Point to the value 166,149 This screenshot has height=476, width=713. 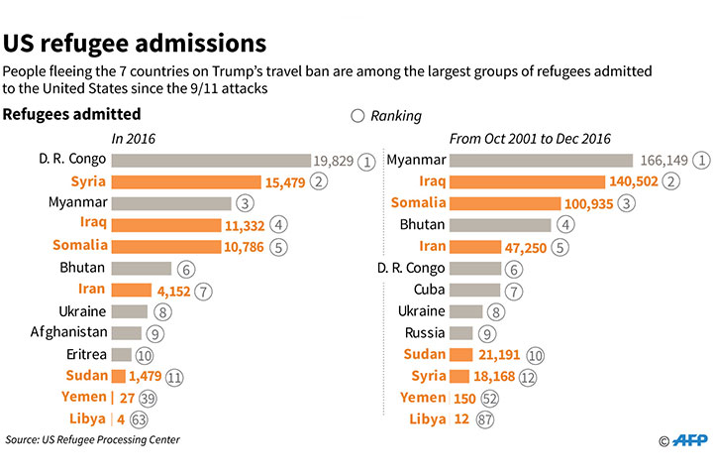coord(662,161)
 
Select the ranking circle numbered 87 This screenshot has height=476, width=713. coord(484,418)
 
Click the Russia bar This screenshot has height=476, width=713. coord(460,333)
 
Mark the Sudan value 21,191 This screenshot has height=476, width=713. coord(499,355)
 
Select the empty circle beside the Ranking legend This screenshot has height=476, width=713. coord(358,116)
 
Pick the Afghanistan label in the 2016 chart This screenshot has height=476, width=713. coord(68,332)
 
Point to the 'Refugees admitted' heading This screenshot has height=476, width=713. coord(71,115)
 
